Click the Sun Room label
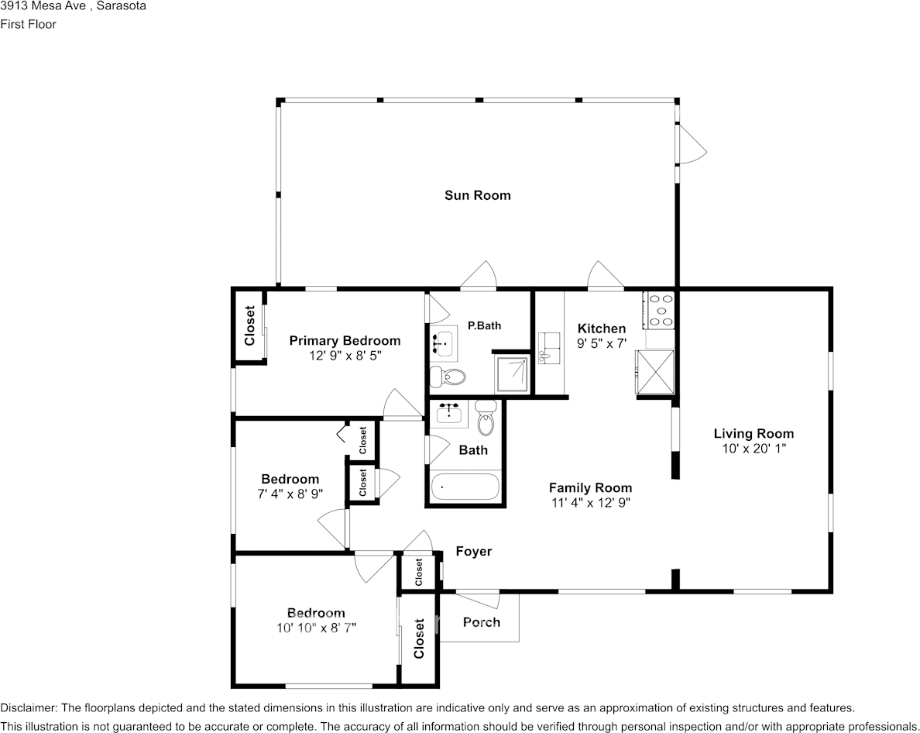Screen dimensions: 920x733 click(478, 195)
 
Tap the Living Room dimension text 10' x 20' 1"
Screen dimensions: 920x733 click(754, 449)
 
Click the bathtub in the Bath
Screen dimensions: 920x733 click(465, 487)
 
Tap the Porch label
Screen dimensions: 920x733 click(481, 622)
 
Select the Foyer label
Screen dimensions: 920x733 click(473, 552)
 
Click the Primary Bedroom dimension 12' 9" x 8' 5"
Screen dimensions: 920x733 click(345, 356)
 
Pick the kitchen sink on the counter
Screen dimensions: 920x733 click(548, 348)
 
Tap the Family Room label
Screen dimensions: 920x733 click(590, 487)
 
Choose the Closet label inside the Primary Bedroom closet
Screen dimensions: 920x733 click(249, 325)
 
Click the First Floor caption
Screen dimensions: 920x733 click(28, 24)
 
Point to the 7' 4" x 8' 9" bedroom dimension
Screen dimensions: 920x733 click(290, 494)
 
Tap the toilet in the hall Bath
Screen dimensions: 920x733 click(486, 418)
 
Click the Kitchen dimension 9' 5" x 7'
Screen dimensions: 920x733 click(602, 344)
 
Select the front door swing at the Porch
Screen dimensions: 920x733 click(478, 600)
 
